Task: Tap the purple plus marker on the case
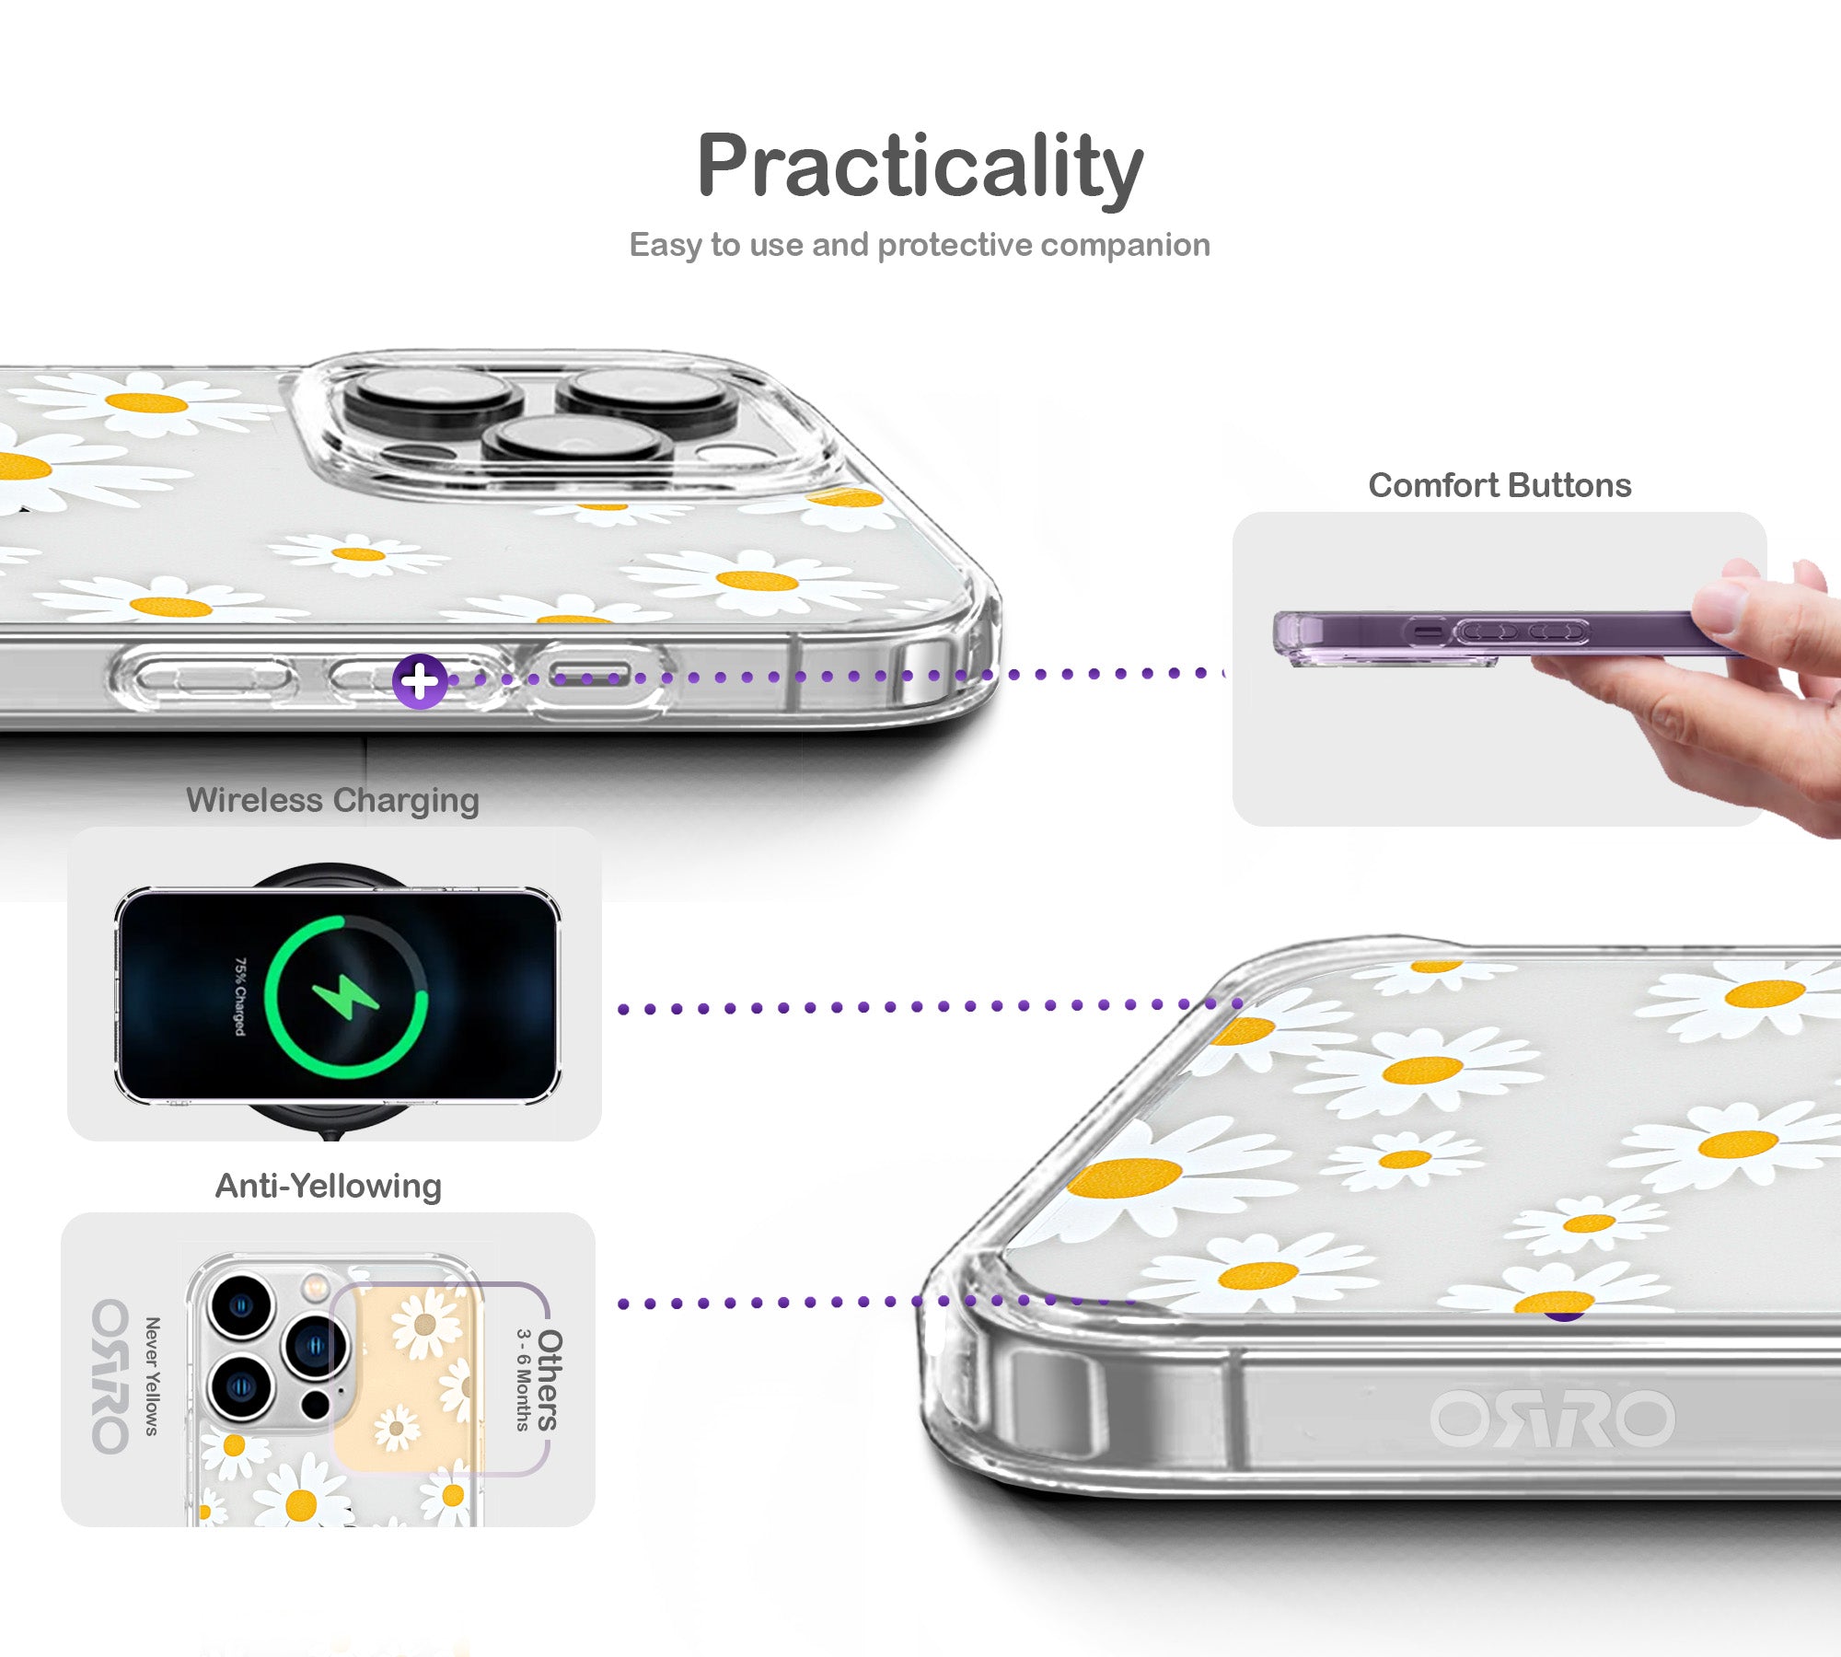[x=420, y=682]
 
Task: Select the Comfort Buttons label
[x=1499, y=485]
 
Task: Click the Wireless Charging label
[x=332, y=801]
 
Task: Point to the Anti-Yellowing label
[x=328, y=1187]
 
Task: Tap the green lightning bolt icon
[x=345, y=997]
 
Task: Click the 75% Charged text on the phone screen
[x=239, y=996]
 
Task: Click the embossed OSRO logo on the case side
[x=1553, y=1418]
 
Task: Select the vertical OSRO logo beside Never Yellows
[x=110, y=1375]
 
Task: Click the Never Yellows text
[x=153, y=1376]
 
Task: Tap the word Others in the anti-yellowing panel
[x=550, y=1380]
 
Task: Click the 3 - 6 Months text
[x=523, y=1380]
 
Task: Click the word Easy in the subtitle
[x=666, y=245]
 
